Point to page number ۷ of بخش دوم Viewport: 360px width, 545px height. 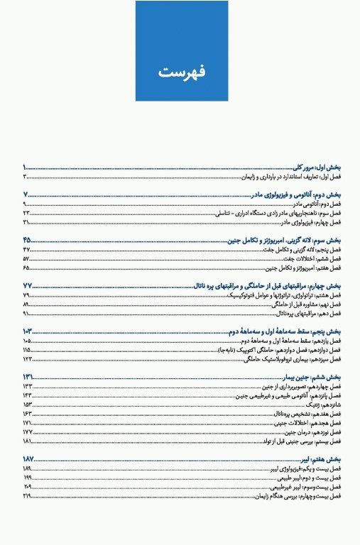(x=26, y=194)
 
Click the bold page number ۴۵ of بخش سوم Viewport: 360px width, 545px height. (x=28, y=240)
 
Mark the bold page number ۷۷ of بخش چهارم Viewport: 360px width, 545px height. (x=28, y=286)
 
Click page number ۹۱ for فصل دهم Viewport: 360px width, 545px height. (x=26, y=313)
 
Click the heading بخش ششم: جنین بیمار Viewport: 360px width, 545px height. (x=313, y=377)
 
